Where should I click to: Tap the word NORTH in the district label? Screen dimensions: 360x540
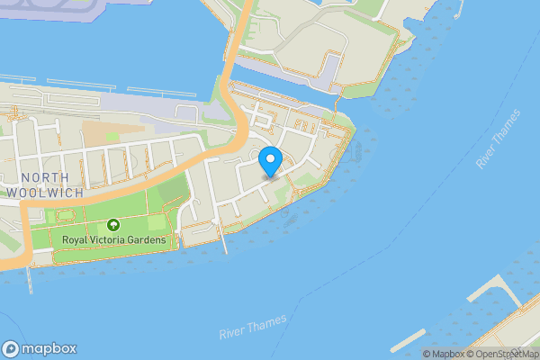[x=44, y=178]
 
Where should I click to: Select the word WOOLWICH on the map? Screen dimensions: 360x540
[x=44, y=193]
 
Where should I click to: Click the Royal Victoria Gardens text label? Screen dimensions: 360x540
[x=114, y=240]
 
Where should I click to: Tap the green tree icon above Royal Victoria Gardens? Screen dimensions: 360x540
[x=113, y=225]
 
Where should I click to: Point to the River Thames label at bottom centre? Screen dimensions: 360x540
[x=253, y=327]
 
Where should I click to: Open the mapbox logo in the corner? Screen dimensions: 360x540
[x=39, y=349]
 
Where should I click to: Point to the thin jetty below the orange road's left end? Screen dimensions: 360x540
[x=30, y=279]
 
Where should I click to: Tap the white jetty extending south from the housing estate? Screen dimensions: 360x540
[x=224, y=242]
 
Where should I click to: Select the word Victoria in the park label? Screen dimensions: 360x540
[x=117, y=240]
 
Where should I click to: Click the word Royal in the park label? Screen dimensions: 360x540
[x=78, y=240]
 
